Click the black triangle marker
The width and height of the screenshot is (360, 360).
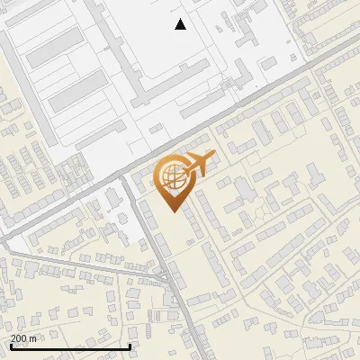point(181,24)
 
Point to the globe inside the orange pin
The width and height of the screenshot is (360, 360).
point(172,177)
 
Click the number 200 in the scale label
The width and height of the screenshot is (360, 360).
point(18,338)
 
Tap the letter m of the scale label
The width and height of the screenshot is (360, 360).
point(32,338)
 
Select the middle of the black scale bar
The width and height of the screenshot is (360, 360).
point(70,346)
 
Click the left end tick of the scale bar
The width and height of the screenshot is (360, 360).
point(10,346)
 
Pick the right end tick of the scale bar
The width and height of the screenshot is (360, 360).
point(130,346)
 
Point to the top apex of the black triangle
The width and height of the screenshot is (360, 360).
point(181,19)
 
